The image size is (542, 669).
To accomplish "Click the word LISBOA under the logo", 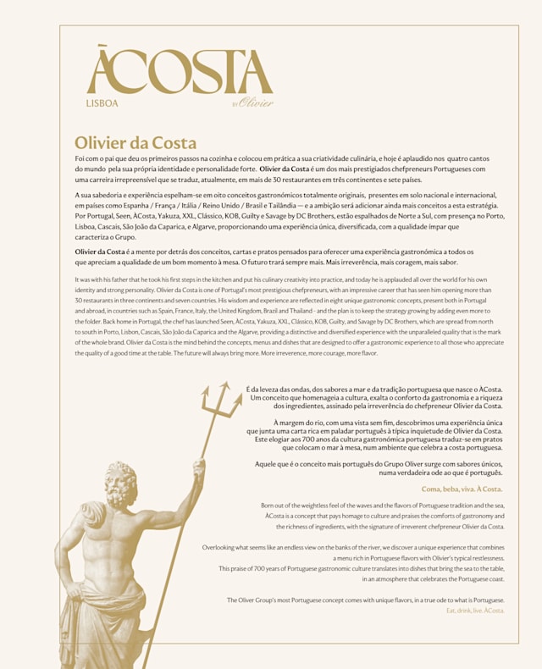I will point(102,104).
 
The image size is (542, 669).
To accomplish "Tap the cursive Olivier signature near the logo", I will point(255,103).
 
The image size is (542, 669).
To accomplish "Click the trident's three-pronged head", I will point(216,401).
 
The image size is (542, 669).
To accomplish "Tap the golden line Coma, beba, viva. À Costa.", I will point(462,489).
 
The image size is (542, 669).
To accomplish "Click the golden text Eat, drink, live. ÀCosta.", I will point(475,610).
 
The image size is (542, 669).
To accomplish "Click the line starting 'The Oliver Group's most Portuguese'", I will point(365,600).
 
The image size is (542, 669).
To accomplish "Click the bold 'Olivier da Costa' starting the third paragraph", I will point(100,252).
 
